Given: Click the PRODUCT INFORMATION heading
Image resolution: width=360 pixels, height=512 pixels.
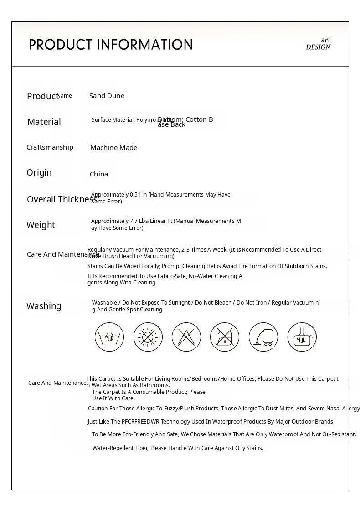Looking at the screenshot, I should pos(111,45).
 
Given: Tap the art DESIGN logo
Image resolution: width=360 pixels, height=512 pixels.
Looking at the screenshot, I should pos(318,44).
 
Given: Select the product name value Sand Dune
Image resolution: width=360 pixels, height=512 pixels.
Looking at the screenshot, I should pos(107,96).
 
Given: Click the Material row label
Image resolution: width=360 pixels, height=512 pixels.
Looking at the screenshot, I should pos(44,122).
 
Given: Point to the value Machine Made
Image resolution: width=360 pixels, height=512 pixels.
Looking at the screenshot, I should pos(113,148).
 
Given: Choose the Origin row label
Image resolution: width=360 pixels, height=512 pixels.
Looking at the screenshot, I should pos(39,172).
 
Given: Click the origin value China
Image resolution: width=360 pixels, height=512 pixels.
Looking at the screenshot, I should pos(99,174).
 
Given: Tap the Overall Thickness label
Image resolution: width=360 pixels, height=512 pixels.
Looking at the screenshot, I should pos(62,199).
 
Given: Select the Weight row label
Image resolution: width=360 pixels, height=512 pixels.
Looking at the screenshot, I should pos(41,225).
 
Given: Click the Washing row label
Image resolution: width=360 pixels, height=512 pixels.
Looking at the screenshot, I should pos(44,306).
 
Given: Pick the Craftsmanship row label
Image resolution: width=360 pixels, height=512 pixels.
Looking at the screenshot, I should pos(50,147).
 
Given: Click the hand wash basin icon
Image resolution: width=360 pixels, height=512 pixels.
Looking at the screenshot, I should pos(109,337).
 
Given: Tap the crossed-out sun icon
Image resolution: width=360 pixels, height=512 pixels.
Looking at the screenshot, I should pos(148,337).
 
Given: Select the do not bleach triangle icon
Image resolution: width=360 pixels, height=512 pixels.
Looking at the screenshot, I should pos(186,337).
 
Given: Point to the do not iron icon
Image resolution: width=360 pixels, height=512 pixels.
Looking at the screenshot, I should pos(225,337).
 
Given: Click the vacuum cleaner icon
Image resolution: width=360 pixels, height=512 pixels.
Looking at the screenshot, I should pos(263,337).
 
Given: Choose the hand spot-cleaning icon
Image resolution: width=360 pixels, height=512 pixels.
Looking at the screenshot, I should pos(302,337).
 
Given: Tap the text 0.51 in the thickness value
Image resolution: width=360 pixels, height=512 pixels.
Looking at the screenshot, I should pos(135,195).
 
